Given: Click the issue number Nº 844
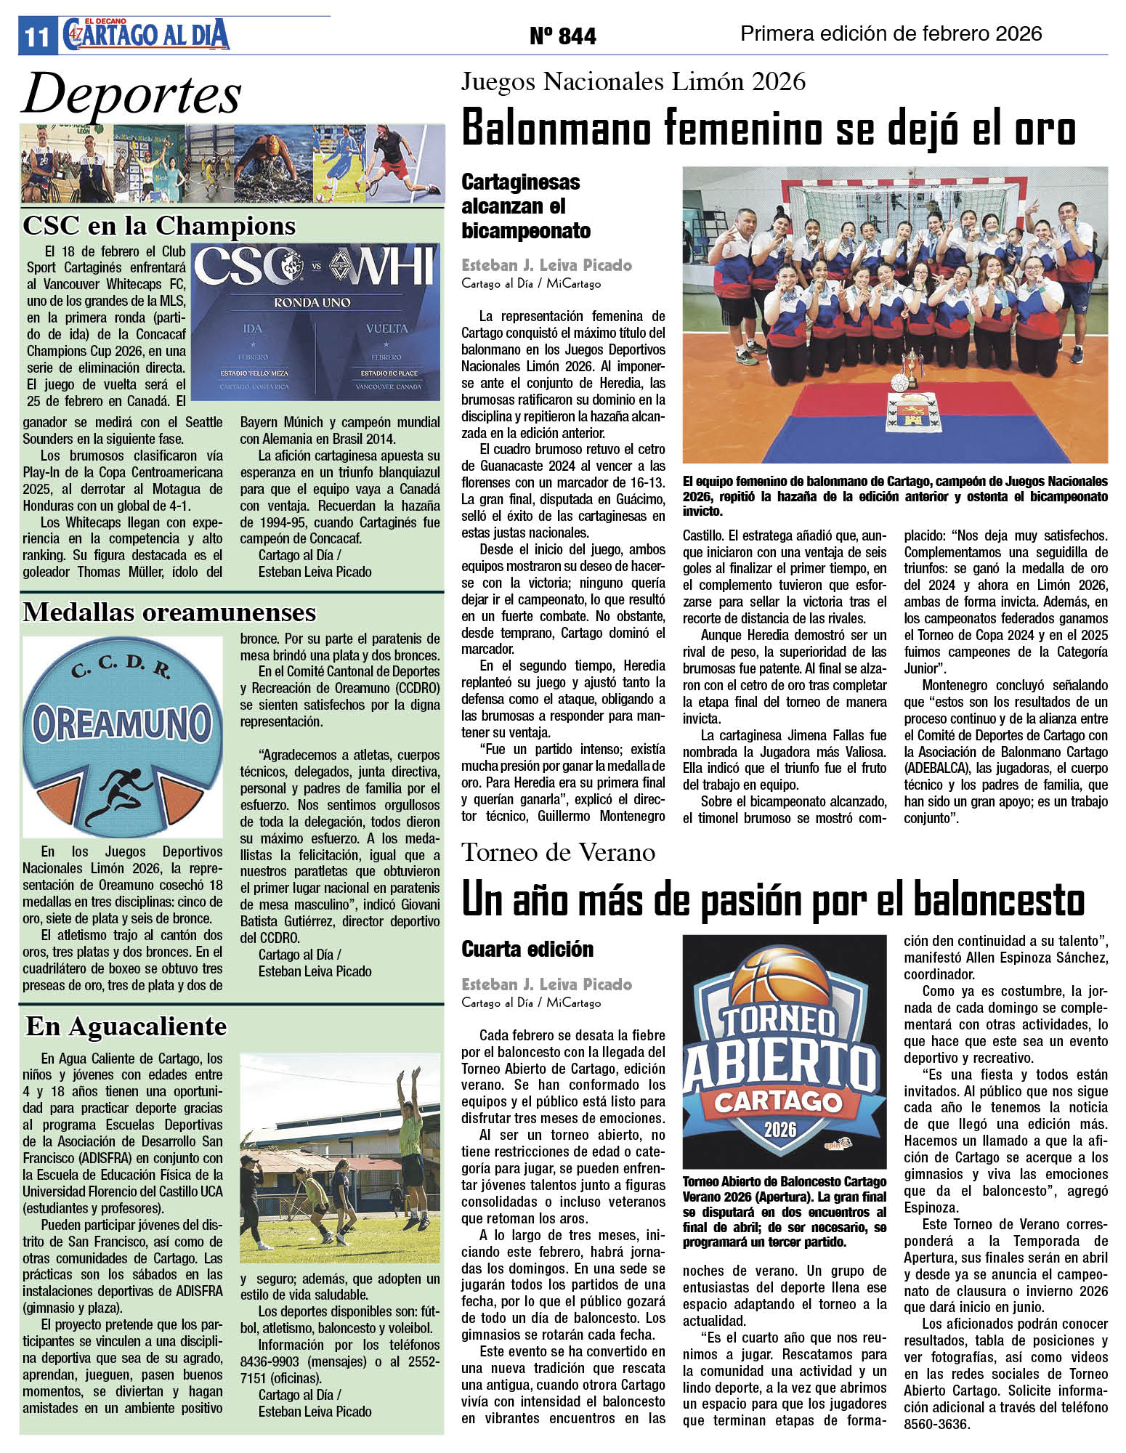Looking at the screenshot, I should (563, 36).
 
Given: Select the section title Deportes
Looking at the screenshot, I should (131, 94).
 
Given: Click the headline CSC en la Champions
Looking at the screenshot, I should (159, 226).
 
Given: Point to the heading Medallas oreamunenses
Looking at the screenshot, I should (169, 612).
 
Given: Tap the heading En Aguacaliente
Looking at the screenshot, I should (126, 1026).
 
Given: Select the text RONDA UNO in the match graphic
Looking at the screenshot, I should (312, 302).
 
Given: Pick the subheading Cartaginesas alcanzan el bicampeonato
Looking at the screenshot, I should (526, 206).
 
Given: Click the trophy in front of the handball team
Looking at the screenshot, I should (910, 363).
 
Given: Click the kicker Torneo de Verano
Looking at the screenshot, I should (558, 852).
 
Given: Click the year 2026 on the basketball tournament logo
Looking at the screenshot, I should (779, 1129).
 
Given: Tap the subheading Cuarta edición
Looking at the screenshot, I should (527, 949).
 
